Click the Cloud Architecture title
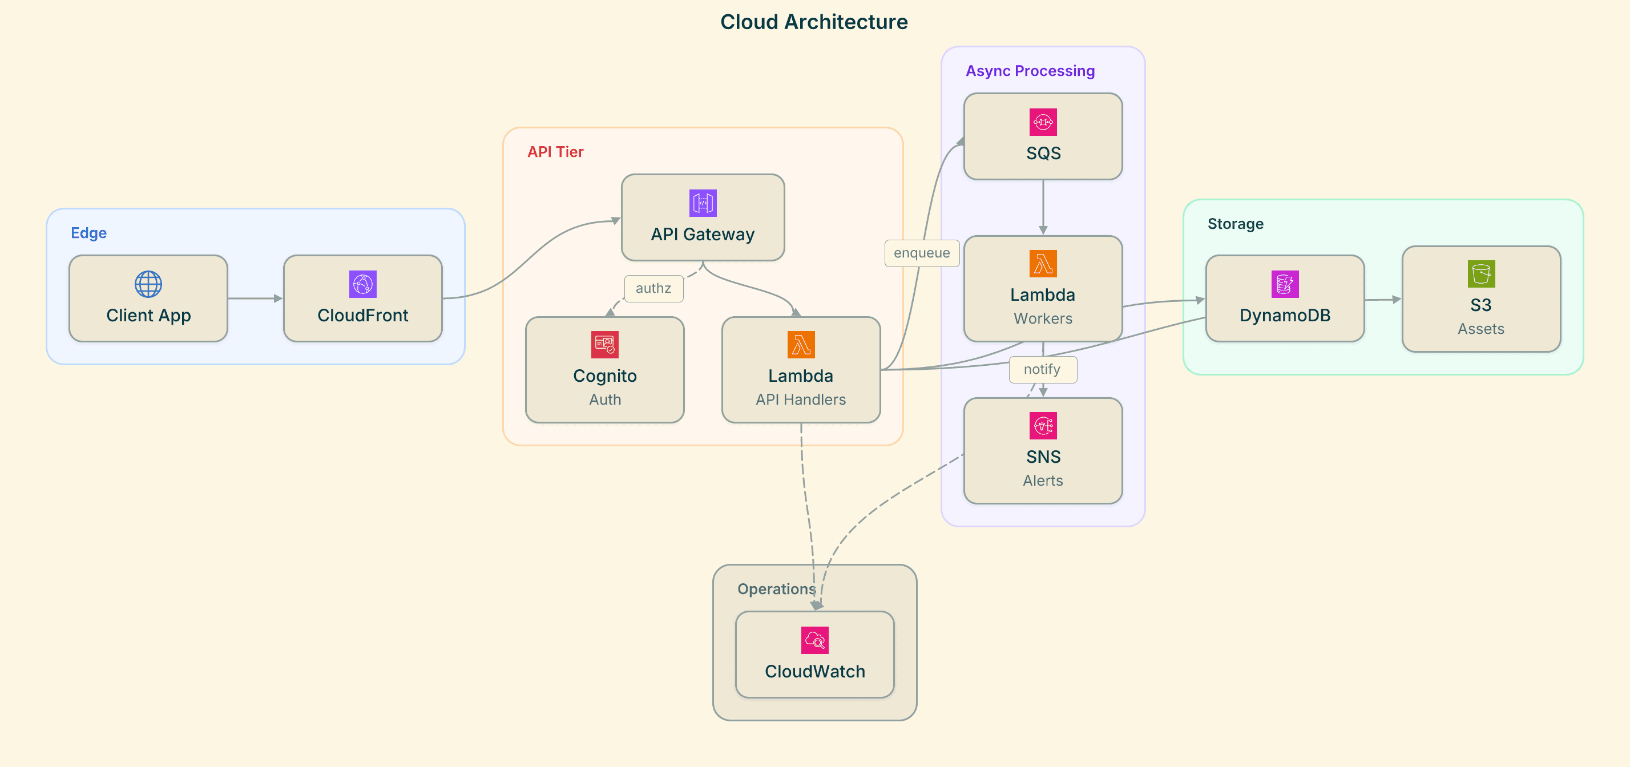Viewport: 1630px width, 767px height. (814, 22)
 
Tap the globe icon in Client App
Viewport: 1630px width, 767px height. (148, 284)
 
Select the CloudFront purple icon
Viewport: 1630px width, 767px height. (362, 284)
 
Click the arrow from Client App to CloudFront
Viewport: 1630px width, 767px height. (255, 298)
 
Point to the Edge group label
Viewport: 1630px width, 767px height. (88, 233)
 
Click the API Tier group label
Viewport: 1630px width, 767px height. (555, 152)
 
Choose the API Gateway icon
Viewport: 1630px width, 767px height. (703, 203)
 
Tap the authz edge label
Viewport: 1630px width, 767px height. (653, 289)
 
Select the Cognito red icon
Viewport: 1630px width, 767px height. (604, 345)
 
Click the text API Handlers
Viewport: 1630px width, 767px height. (800, 399)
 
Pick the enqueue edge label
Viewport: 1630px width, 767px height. (921, 253)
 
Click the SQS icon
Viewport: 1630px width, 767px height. (1043, 122)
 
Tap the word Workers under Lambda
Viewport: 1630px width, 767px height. (1043, 318)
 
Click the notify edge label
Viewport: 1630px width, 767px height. (1042, 370)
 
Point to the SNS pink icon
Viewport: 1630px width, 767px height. (1043, 426)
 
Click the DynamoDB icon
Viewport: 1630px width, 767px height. (1285, 284)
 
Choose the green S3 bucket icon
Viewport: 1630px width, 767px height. (1480, 274)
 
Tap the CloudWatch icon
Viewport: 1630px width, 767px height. (814, 640)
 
